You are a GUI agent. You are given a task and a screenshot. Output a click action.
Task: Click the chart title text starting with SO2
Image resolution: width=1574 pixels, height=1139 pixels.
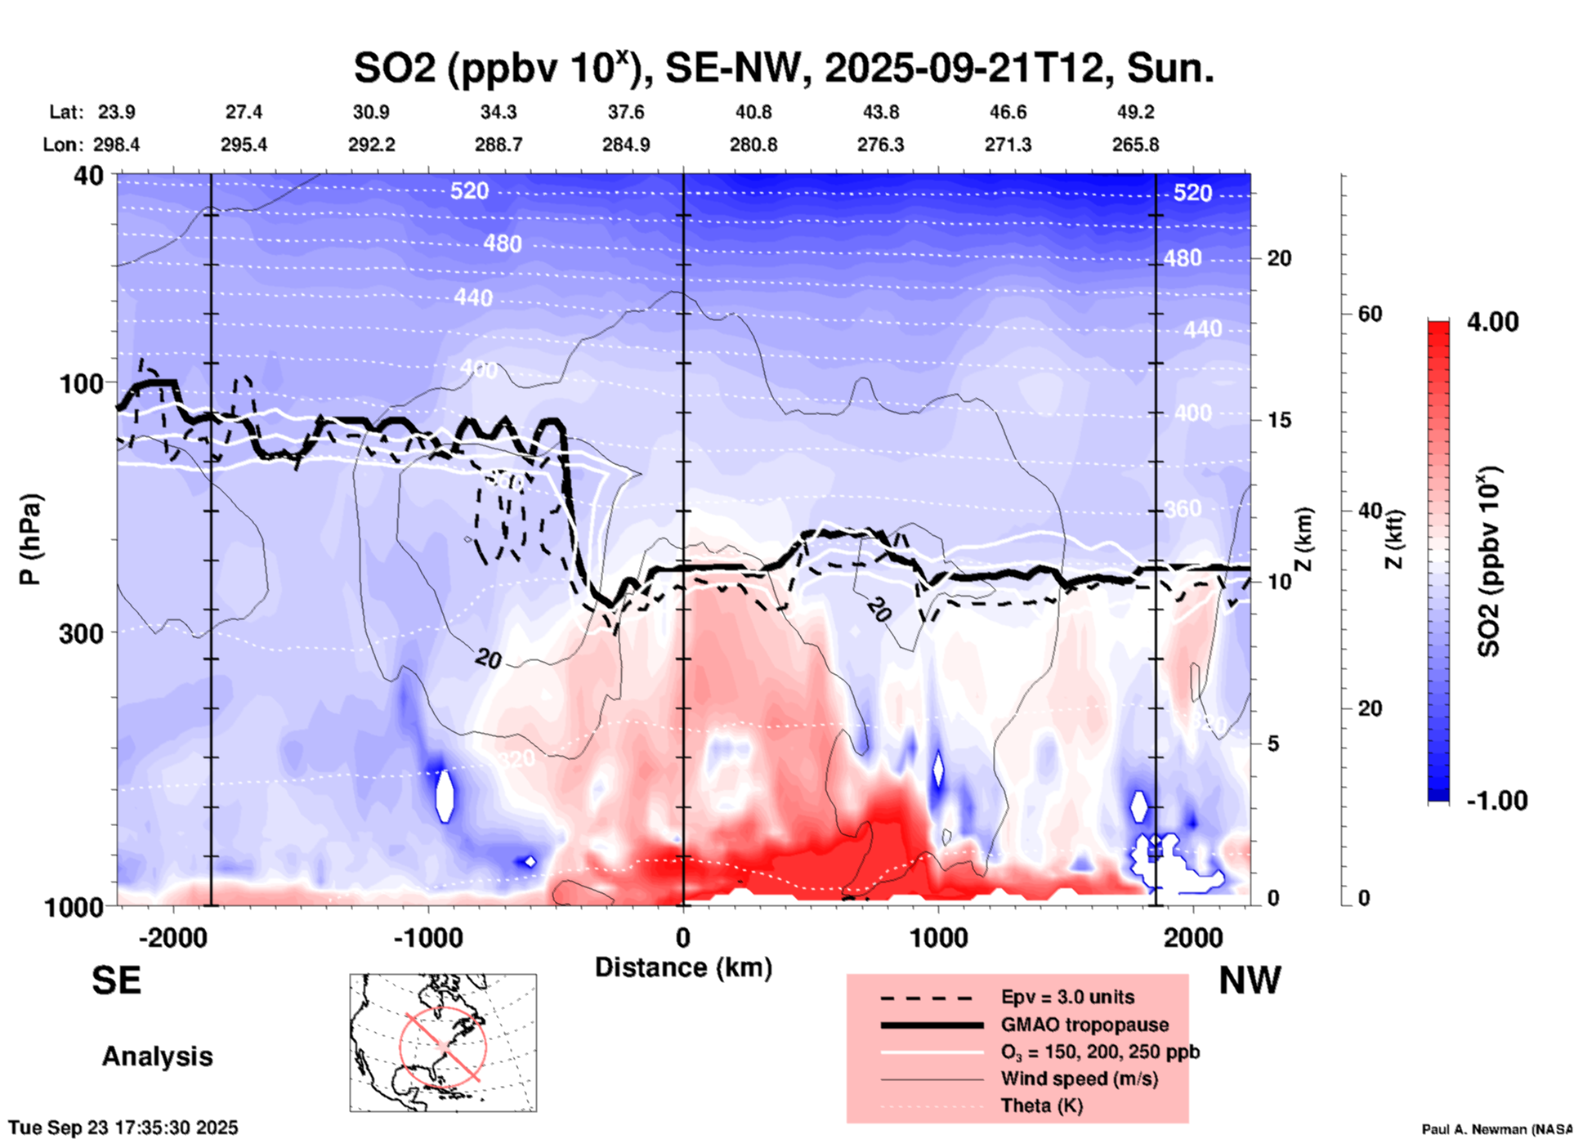(x=783, y=68)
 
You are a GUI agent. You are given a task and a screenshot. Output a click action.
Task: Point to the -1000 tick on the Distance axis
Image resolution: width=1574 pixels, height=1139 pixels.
(x=428, y=938)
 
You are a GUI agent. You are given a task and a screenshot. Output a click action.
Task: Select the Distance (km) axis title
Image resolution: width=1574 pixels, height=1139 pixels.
(x=683, y=967)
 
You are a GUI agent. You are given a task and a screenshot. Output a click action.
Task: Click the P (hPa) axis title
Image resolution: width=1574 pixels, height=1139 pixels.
(x=30, y=538)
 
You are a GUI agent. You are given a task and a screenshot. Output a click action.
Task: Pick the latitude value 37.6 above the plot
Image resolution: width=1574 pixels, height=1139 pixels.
(x=625, y=112)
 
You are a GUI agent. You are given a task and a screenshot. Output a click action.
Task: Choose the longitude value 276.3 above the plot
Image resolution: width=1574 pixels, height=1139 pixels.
(x=880, y=145)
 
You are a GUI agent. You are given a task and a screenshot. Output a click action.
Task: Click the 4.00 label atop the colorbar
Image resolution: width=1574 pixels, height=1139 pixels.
(x=1492, y=322)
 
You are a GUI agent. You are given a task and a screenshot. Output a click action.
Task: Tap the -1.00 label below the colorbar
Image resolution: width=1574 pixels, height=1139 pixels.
(x=1496, y=801)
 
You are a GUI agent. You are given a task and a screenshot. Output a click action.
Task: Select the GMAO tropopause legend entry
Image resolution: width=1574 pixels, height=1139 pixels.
(x=1084, y=1025)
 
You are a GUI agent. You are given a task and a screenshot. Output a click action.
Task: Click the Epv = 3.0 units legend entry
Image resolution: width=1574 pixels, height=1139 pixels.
(x=1067, y=997)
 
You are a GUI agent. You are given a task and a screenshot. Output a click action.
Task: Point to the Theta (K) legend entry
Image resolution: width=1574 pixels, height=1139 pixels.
(x=1041, y=1105)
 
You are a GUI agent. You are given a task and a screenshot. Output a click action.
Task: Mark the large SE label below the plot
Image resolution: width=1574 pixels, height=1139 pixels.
(x=116, y=980)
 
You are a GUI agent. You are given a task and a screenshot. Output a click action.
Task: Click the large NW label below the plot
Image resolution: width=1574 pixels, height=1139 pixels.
(x=1250, y=980)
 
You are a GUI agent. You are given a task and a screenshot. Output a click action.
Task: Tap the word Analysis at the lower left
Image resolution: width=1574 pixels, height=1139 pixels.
(x=157, y=1056)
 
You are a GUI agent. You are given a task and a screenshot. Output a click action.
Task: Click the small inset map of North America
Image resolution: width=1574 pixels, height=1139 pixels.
(x=443, y=1042)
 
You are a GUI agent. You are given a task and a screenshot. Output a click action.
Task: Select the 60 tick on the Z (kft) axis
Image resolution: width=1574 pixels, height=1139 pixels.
(x=1370, y=314)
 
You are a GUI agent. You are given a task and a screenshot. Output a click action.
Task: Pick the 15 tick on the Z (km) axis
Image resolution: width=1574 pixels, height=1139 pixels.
(x=1278, y=420)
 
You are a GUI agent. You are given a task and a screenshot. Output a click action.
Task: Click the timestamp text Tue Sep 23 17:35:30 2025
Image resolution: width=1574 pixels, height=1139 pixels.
(x=123, y=1128)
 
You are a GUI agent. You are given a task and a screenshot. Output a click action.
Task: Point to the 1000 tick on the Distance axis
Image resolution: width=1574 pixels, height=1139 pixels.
(x=938, y=938)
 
